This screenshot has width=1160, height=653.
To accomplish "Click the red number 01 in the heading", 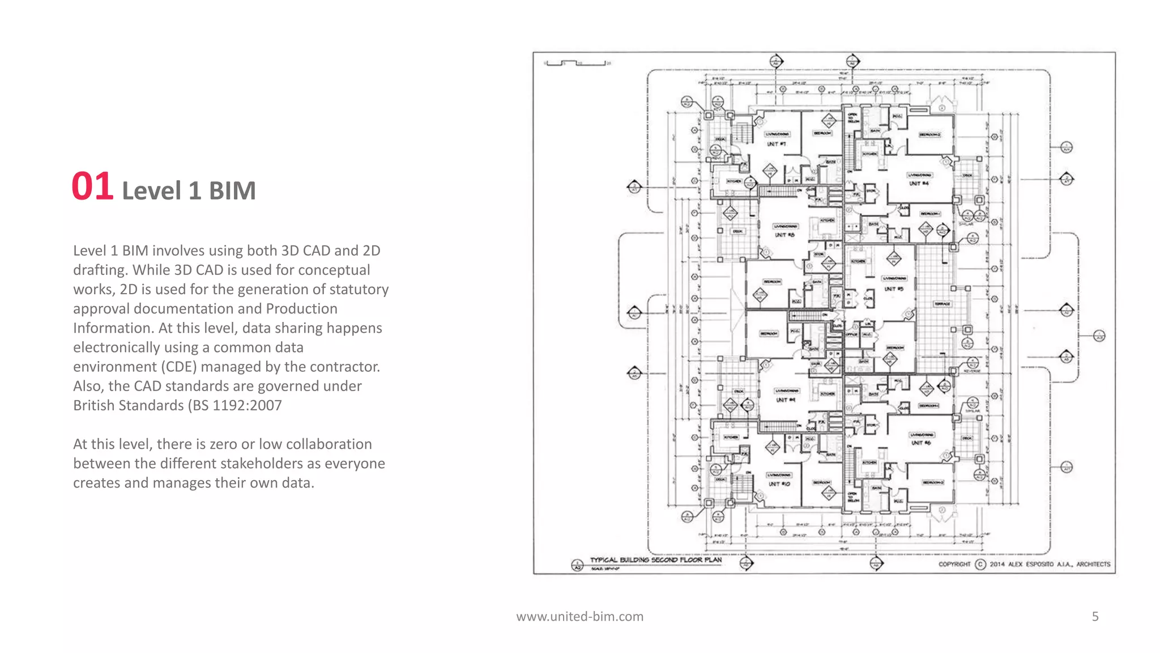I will [x=92, y=187].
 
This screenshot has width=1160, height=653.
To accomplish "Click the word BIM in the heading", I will [x=232, y=191].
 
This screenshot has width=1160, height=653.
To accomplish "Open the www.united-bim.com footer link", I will [x=579, y=616].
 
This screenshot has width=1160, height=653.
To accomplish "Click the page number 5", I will [x=1095, y=616].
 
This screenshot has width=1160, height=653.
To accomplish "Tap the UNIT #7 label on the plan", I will [x=776, y=144].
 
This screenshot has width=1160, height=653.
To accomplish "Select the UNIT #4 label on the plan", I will [x=919, y=183].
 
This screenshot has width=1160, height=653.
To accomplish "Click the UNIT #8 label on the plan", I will [x=784, y=235].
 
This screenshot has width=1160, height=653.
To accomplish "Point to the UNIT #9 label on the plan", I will [x=785, y=400].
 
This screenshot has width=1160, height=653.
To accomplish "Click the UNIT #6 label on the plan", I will [x=920, y=443].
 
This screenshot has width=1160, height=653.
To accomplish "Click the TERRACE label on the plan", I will [x=942, y=304].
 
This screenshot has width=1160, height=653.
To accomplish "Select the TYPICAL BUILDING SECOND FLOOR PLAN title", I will [x=655, y=559].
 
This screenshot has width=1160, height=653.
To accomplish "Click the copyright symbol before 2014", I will [x=980, y=564].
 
